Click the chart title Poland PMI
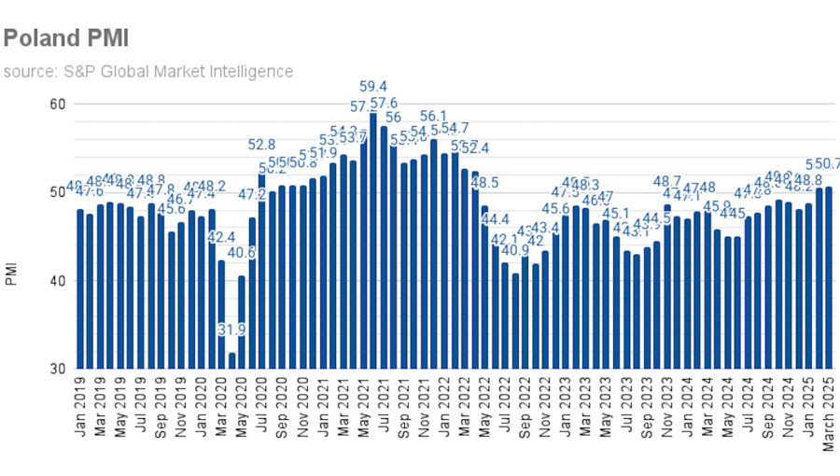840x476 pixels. click(x=65, y=37)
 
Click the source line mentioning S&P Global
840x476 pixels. click(x=147, y=71)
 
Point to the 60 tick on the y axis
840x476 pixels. click(x=58, y=104)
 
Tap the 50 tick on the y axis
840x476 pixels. click(x=58, y=192)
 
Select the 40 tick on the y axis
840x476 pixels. click(x=58, y=281)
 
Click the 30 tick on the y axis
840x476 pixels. click(x=58, y=370)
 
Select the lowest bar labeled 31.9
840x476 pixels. click(x=231, y=360)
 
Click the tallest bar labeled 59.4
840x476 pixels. click(x=373, y=240)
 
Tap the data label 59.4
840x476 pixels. click(x=373, y=87)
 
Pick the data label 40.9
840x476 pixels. click(x=515, y=250)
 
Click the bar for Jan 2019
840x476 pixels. click(x=80, y=289)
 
